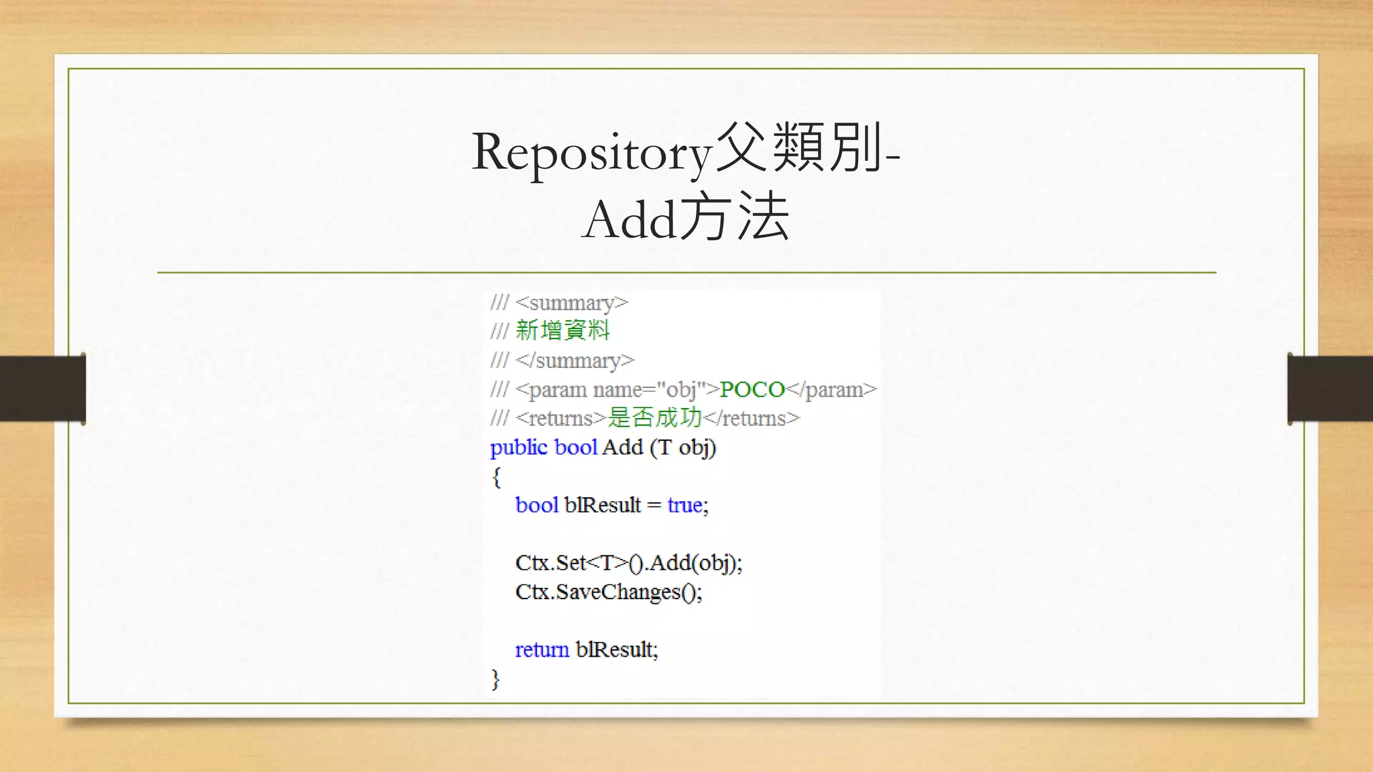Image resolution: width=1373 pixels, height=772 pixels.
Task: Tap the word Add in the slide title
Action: coord(628,220)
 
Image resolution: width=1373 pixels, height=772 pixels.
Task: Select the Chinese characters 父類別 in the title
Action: coord(798,148)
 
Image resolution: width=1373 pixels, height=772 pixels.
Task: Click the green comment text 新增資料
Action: coord(562,330)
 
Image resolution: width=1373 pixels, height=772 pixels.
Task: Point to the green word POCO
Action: coord(752,389)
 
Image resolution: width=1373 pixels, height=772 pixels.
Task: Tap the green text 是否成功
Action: coord(654,418)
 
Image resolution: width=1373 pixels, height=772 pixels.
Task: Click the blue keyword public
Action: coord(518,447)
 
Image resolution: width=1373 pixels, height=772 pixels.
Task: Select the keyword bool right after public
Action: coord(576,447)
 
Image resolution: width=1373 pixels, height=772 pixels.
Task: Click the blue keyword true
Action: coord(684,505)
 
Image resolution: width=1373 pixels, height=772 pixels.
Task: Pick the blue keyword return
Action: coord(542,649)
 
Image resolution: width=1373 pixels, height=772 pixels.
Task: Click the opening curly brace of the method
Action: coord(496,477)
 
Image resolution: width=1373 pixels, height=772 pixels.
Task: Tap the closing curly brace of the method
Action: coord(495,679)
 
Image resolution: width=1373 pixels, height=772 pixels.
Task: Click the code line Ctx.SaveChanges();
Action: coord(609,592)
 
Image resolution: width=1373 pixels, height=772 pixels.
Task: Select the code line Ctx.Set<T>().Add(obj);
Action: coord(629,563)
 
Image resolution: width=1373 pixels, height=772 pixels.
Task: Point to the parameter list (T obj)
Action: coord(683,447)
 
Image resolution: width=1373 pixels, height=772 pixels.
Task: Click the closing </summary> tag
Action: coord(575,361)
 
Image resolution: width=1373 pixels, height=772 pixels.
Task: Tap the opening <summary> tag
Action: coord(571,303)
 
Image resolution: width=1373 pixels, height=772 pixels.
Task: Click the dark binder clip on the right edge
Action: coord(1330,389)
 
